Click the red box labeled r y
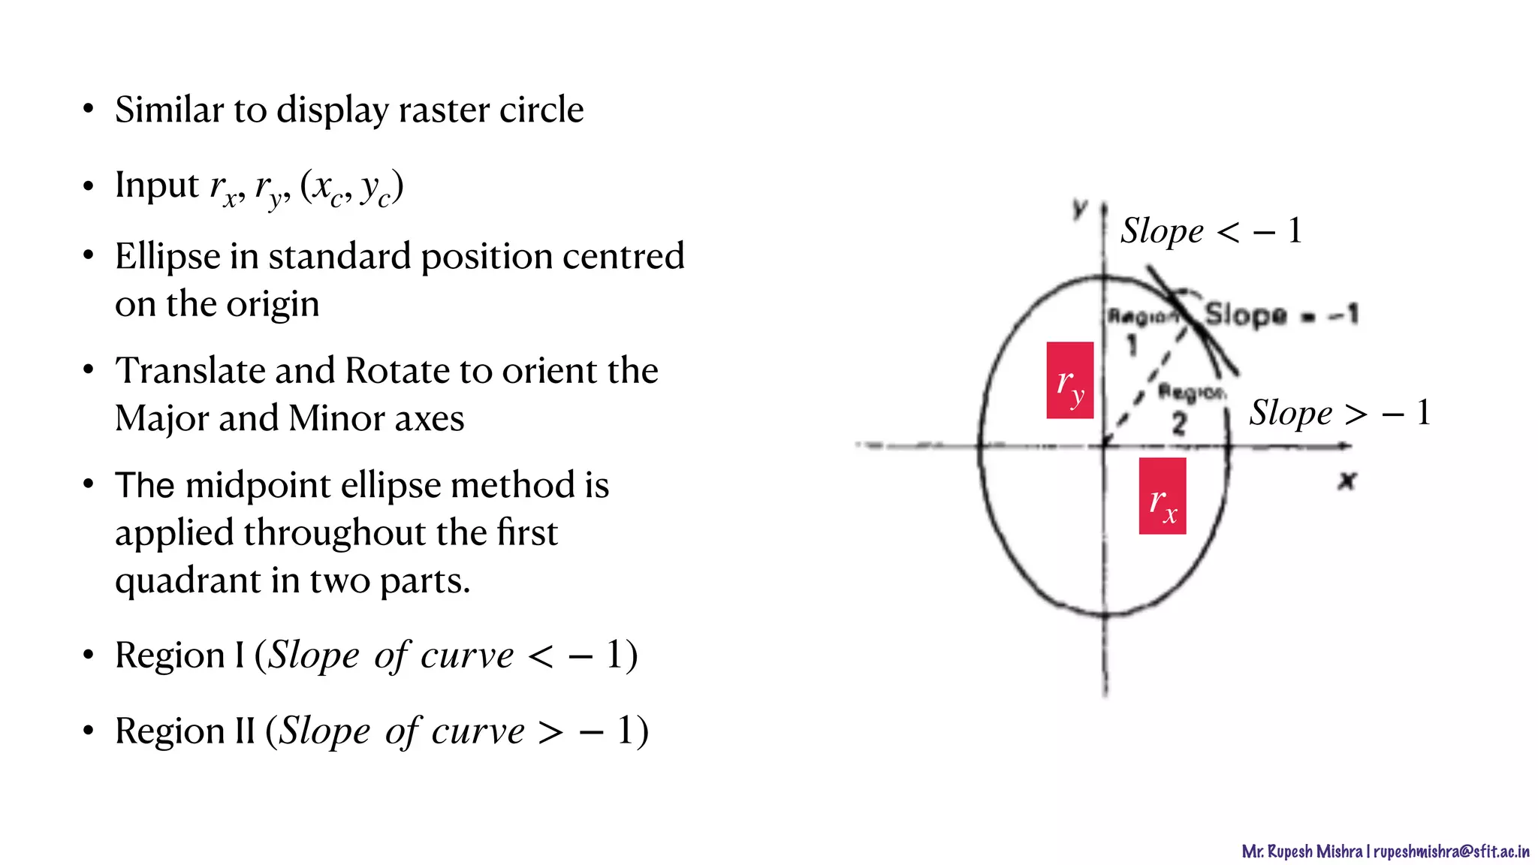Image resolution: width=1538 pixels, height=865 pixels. click(1069, 380)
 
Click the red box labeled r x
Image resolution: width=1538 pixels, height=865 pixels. click(1162, 496)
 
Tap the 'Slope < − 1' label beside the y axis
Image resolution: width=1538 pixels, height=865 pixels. click(1211, 231)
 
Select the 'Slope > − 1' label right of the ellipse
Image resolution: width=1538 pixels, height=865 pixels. click(1339, 412)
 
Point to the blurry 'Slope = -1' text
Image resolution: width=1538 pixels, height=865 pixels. click(1281, 314)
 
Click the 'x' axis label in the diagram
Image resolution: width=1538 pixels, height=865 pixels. click(1347, 481)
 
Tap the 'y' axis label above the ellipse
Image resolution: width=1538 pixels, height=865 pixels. click(1080, 207)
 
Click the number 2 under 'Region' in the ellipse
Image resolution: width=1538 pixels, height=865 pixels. click(1179, 424)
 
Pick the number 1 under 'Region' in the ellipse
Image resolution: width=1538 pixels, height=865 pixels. click(1132, 345)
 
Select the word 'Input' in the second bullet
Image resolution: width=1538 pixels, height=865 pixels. click(157, 185)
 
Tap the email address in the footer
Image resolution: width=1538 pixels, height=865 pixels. click(1451, 851)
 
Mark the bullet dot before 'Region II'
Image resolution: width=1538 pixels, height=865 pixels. click(89, 731)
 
